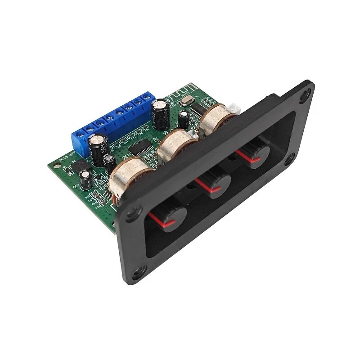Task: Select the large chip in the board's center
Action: [x=139, y=148]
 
